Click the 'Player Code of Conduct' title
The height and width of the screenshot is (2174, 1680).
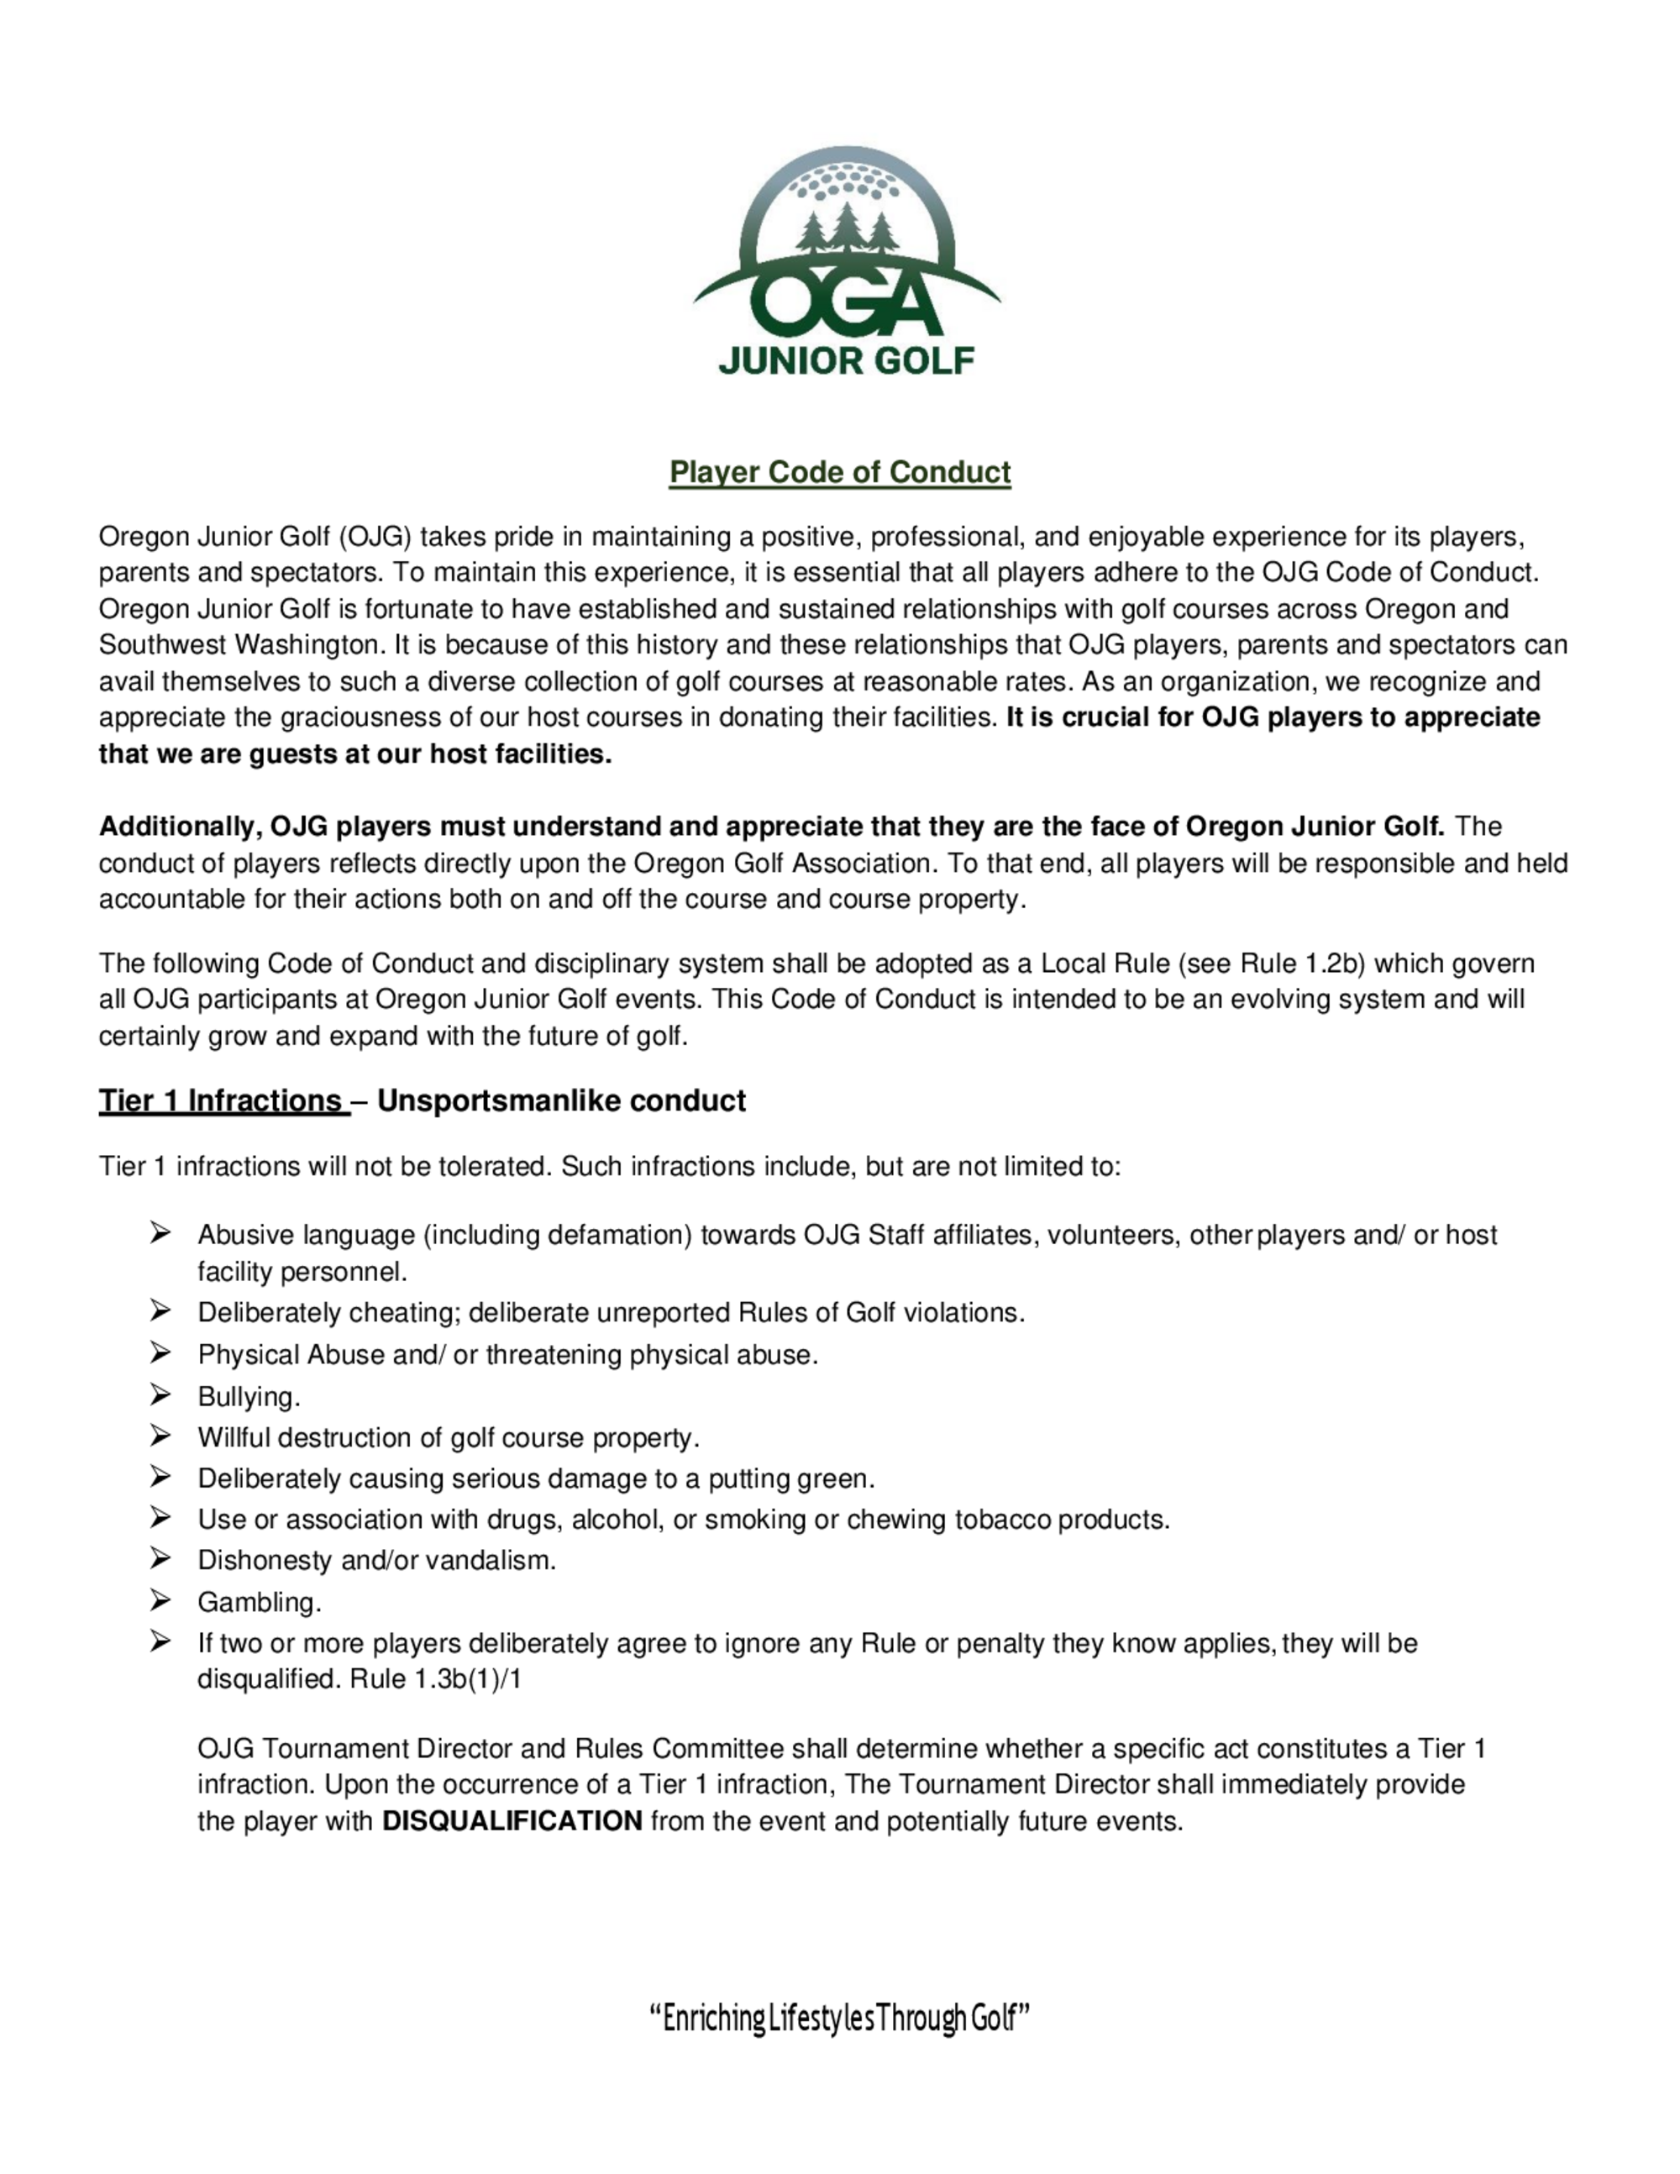pyautogui.click(x=839, y=472)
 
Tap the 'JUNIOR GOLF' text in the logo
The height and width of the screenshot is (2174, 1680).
pyautogui.click(x=846, y=360)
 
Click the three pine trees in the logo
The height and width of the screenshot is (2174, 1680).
pyautogui.click(x=846, y=232)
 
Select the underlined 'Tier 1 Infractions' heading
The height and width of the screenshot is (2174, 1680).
pyautogui.click(x=221, y=1101)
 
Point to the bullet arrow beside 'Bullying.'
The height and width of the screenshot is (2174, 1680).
pyautogui.click(x=160, y=1395)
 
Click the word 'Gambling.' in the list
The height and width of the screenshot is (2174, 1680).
pyautogui.click(x=259, y=1602)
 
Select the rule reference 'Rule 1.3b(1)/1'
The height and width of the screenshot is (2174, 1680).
pyautogui.click(x=436, y=1679)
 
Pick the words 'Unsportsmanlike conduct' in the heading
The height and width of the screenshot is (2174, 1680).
pyautogui.click(x=561, y=1101)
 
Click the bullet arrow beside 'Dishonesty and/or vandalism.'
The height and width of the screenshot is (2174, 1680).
pyautogui.click(x=160, y=1559)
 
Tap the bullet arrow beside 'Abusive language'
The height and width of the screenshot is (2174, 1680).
pyautogui.click(x=160, y=1234)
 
